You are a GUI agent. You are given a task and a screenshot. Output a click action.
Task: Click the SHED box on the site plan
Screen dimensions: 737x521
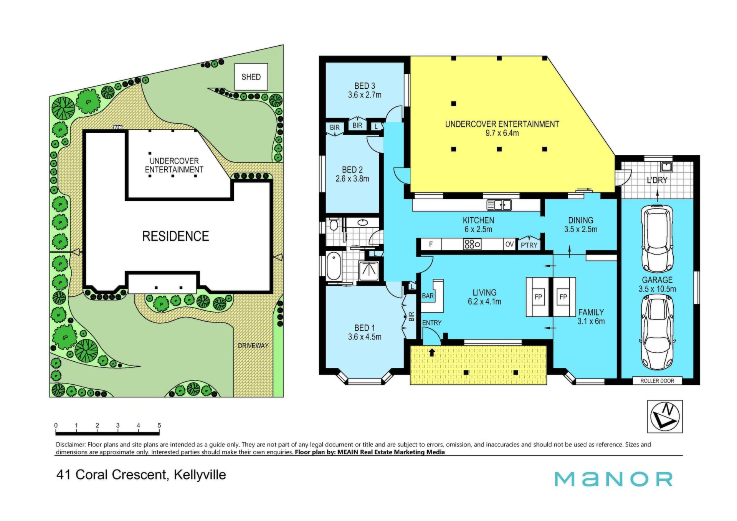[x=251, y=77]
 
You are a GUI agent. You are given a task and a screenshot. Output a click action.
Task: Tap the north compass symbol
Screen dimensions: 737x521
[x=665, y=417]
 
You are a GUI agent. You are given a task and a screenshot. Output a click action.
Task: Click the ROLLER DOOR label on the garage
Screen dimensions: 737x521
[x=657, y=381]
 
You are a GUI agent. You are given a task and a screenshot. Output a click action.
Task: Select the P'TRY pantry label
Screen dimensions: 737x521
[x=529, y=245]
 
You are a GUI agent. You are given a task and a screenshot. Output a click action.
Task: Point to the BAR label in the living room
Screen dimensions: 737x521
[x=428, y=296]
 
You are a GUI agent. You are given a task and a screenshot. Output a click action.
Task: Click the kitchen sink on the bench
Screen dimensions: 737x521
[x=499, y=205]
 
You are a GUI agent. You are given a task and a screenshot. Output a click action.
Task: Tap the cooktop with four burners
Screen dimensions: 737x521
[x=472, y=244]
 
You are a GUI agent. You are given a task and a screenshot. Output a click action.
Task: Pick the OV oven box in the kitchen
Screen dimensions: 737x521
[x=509, y=244]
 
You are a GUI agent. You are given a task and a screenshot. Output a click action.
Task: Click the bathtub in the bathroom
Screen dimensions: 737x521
[x=334, y=266]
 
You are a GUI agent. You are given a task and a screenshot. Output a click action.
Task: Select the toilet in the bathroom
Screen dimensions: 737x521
[x=334, y=224]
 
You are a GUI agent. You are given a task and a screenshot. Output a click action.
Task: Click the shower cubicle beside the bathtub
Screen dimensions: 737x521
[x=369, y=271]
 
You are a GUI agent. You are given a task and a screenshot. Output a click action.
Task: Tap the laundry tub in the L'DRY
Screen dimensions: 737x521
[x=666, y=166]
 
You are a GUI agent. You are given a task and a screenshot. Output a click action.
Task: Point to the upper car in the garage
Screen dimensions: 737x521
[x=657, y=238]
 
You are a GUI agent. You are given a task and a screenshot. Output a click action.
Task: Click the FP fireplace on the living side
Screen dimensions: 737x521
[x=539, y=297]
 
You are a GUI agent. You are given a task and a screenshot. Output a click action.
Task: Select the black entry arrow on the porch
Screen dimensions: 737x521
[x=432, y=352]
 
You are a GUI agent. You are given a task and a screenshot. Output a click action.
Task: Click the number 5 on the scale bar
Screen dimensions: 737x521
[x=159, y=425]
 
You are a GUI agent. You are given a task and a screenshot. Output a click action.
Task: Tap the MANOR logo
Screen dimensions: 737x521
[x=613, y=479]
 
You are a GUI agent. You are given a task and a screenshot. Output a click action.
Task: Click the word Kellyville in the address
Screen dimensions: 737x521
[x=200, y=475]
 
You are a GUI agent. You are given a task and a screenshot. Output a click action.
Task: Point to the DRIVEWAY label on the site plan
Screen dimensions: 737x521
[x=253, y=346]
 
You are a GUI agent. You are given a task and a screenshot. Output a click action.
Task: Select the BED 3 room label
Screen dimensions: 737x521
[x=365, y=86]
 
